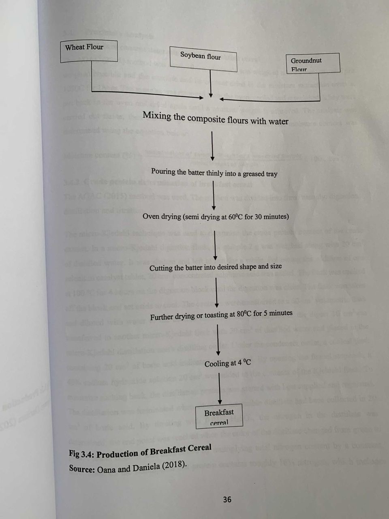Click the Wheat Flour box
[x=89, y=51]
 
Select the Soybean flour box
[x=203, y=59]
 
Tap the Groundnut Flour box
[x=313, y=63]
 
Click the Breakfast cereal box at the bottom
[x=219, y=416]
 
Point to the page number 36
[x=227, y=500]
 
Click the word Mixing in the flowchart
[x=157, y=116]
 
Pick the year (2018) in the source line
[x=174, y=465]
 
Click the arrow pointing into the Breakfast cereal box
[x=219, y=388]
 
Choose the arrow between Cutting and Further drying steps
[x=217, y=293]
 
